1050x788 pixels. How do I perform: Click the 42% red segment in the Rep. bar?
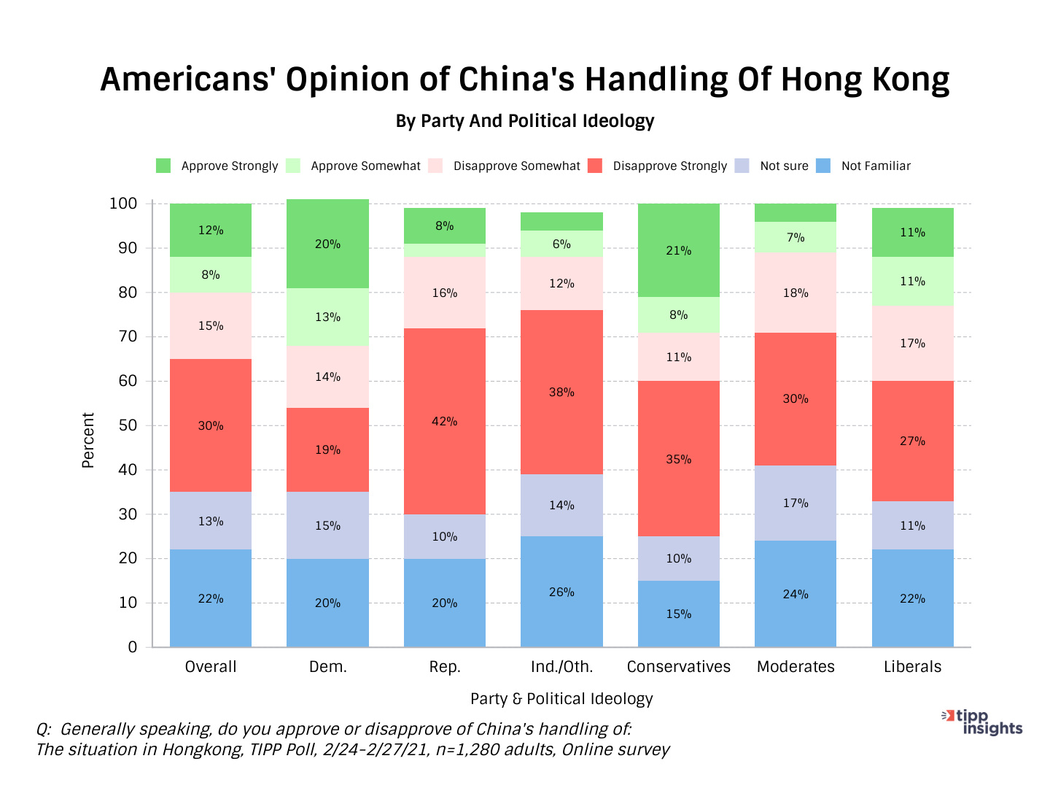point(444,421)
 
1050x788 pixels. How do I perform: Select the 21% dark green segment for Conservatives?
point(678,250)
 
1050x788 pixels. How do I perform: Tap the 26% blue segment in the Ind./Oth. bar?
point(561,592)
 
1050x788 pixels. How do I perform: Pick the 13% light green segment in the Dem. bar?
point(327,317)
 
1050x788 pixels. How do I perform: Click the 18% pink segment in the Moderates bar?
point(796,293)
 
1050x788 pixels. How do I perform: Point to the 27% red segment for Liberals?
point(912,441)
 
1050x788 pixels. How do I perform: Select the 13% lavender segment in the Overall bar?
point(211,521)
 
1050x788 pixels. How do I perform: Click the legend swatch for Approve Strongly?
point(163,166)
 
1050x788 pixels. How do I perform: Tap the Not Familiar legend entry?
point(875,166)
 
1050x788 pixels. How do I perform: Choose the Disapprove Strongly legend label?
point(669,166)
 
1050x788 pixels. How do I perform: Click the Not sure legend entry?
point(784,166)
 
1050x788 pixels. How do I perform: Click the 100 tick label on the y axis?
point(123,204)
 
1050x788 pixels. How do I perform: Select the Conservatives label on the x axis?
point(678,666)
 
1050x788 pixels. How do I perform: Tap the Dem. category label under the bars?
point(327,666)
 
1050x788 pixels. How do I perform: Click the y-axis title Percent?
point(88,440)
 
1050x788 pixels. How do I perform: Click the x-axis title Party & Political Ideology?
point(561,698)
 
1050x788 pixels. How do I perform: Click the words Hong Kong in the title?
point(865,79)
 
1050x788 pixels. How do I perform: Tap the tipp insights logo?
point(982,722)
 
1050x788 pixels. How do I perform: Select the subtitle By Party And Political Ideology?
point(525,120)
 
